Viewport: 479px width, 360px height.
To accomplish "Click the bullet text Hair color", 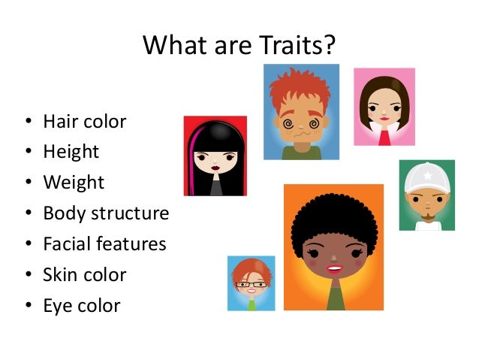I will pos(84,121).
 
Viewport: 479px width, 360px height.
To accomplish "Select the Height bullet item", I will pos(71,152).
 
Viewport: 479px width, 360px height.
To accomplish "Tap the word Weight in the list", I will pos(74,183).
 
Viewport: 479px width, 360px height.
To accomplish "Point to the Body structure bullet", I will pos(106,213).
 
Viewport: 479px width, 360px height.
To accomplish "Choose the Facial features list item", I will pos(104,244).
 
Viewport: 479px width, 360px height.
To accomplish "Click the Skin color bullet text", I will pos(85,275).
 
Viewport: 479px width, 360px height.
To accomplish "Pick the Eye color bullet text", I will pos(82,306).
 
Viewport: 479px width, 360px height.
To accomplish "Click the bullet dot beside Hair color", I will pos(28,122).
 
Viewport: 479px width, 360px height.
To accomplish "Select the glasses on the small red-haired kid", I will pos(251,284).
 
